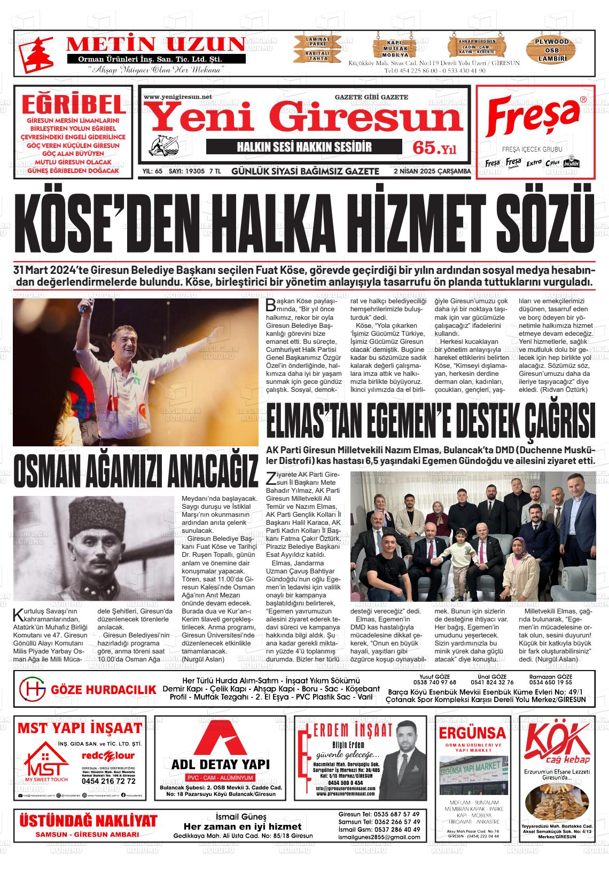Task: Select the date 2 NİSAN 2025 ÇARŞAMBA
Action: coord(431,171)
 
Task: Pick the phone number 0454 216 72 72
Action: coord(108,781)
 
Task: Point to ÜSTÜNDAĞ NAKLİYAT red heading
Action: coord(88,820)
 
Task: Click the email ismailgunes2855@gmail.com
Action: coord(379,837)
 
